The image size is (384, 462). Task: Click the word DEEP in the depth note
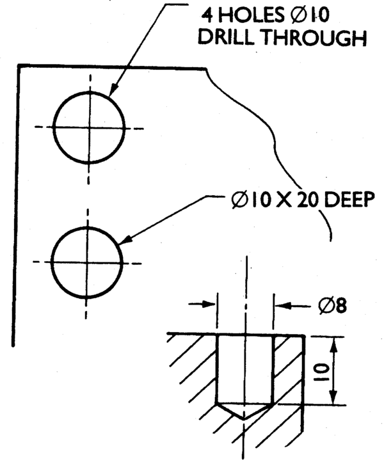349,200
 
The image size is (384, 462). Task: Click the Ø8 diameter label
332,305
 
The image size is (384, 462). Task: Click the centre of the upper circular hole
90,127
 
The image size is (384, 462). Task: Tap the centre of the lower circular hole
86,262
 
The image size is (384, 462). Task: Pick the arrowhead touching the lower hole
126,239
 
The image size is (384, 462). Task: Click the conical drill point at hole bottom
244,410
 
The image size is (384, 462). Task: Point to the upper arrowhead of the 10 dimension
333,346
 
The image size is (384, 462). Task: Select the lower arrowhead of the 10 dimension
333,396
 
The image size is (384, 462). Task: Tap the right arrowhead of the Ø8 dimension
282,305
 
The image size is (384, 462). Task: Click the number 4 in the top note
207,15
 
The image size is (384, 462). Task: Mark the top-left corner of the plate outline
19,65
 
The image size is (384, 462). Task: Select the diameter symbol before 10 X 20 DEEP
239,200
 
